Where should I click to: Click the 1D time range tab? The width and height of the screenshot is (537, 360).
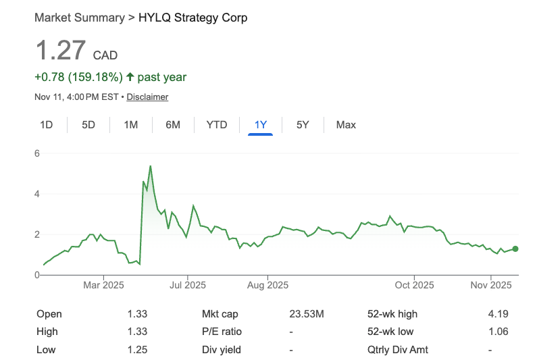[x=47, y=124]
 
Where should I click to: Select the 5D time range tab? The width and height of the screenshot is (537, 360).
[x=88, y=124]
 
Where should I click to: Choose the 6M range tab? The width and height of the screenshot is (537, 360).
[x=173, y=124]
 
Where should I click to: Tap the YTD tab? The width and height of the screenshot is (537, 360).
[x=217, y=124]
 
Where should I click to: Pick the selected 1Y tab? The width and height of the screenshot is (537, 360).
[x=260, y=124]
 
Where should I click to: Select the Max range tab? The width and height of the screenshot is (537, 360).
[x=346, y=124]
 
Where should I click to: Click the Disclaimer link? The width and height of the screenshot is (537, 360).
[x=147, y=97]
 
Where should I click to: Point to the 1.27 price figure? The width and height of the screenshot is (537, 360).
[x=61, y=51]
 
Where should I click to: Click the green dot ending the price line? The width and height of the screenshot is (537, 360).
[x=515, y=249]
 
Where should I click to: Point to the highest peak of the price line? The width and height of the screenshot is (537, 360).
[x=150, y=166]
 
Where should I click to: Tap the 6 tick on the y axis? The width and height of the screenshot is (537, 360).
[x=38, y=153]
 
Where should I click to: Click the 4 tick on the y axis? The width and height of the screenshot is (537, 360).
[x=38, y=194]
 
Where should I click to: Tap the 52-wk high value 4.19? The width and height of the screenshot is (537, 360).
[x=498, y=313]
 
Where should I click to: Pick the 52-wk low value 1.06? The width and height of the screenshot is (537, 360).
[x=498, y=332]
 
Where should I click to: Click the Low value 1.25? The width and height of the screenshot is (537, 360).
[x=137, y=349]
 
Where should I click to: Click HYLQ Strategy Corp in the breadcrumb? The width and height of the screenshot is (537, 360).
[x=193, y=18]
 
